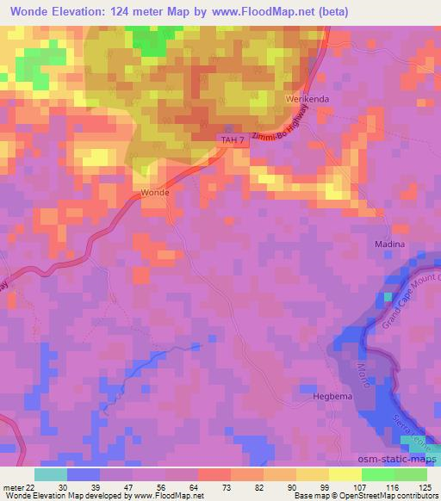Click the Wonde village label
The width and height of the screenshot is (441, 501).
(155, 192)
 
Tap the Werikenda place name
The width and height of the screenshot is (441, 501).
(304, 100)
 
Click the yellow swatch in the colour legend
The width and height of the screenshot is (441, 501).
(345, 474)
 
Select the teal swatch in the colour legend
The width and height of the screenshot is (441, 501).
(51, 474)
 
